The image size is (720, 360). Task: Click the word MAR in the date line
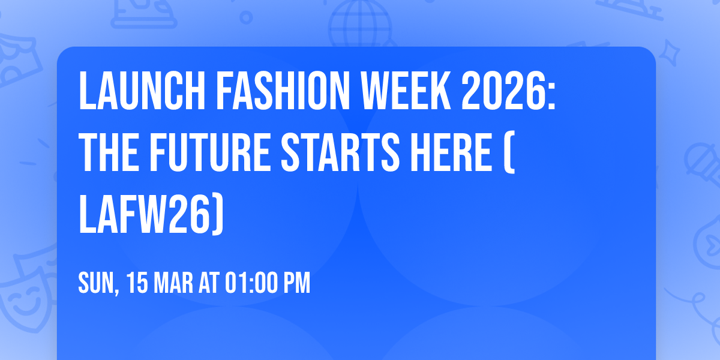click(175, 283)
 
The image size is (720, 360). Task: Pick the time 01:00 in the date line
click(250, 283)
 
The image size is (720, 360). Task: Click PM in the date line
click(297, 283)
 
